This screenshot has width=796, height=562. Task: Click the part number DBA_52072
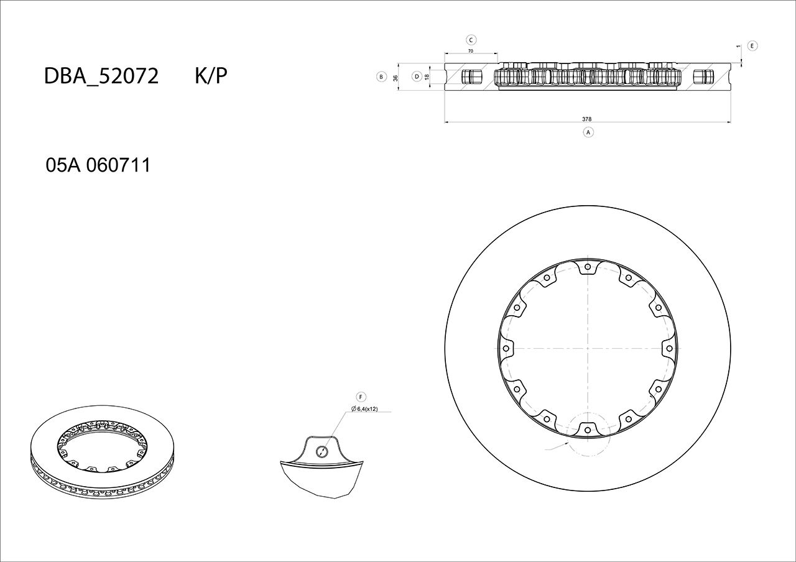101,76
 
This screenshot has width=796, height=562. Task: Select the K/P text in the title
211,76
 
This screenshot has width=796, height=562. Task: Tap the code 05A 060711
98,165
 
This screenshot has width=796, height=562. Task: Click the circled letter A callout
588,132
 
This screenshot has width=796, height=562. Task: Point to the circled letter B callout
381,77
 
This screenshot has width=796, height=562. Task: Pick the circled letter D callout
417,76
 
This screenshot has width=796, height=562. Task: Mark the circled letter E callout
752,46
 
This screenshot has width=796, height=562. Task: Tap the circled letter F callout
361,397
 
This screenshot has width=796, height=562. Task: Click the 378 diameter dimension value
586,119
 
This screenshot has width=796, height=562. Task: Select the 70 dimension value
471,51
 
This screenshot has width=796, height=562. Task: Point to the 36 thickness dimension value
396,78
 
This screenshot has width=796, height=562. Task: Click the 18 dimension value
427,77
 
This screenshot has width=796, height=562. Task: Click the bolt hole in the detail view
322,451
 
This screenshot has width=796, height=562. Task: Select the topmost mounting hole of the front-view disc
588,267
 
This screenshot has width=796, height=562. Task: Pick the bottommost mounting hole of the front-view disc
588,428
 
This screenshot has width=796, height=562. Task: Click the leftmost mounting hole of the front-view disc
507,348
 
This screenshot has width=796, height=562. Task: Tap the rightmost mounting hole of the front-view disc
669,348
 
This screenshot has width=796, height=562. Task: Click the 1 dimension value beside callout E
738,47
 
